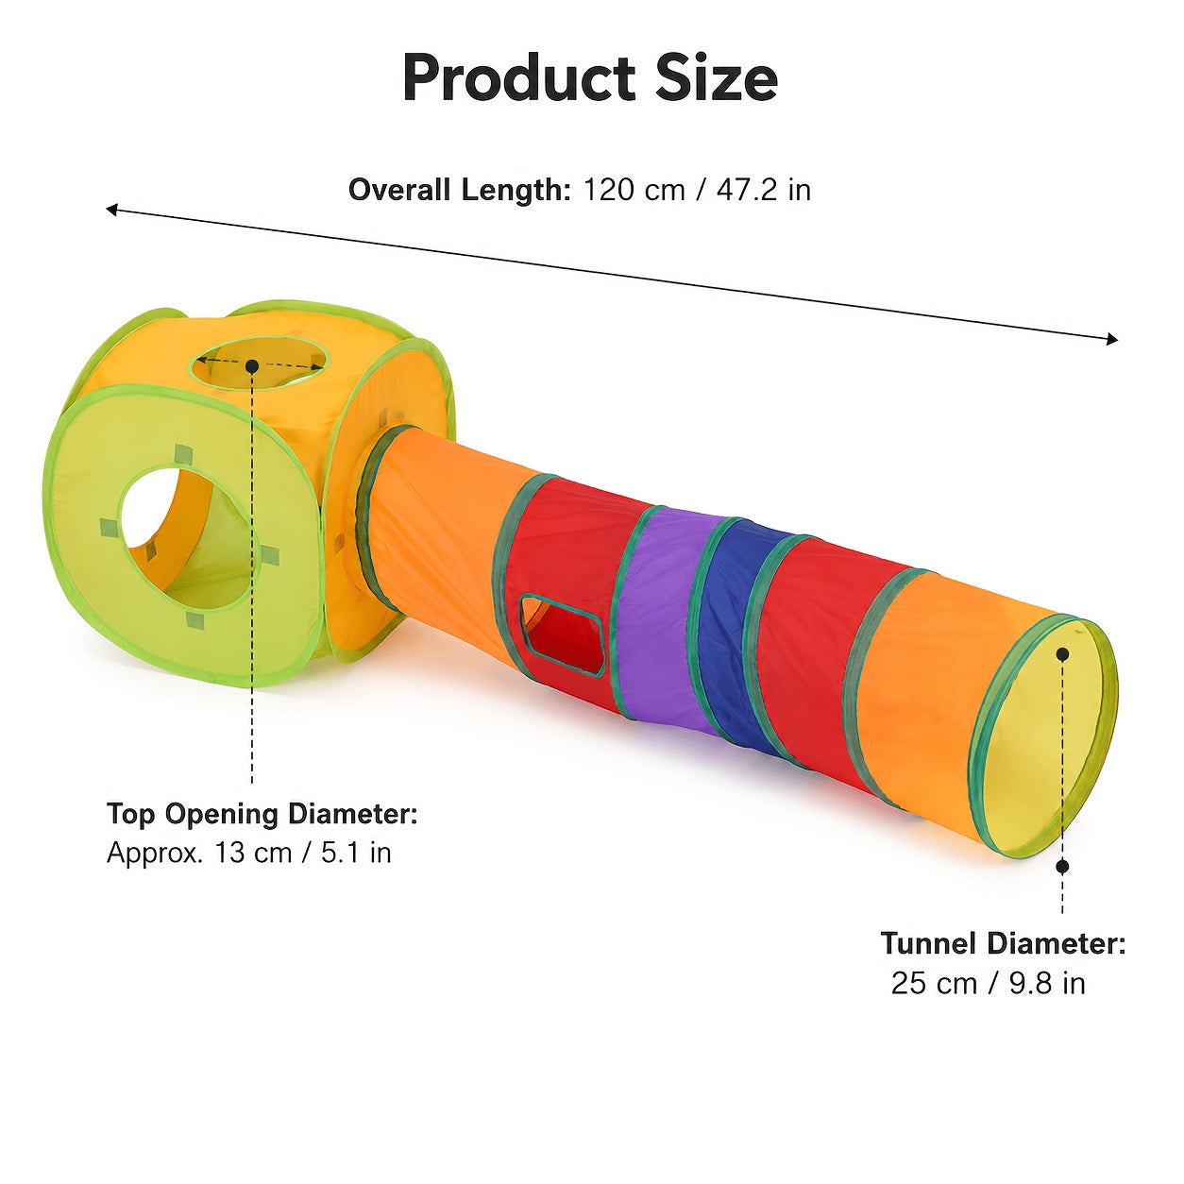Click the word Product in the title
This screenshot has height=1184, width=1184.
[x=518, y=78]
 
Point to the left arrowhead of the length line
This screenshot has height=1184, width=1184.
[x=111, y=211]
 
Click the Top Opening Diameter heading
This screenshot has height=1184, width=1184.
[x=262, y=815]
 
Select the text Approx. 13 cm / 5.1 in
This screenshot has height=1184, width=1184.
[x=249, y=854]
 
